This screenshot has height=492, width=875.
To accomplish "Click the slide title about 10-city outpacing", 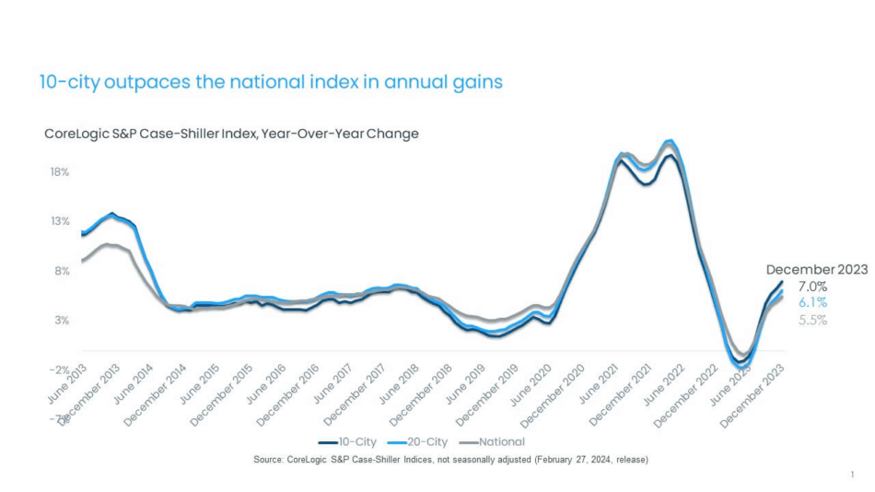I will (271, 82).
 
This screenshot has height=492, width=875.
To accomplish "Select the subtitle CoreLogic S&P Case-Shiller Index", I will (231, 134).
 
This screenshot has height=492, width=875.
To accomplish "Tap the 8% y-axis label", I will (61, 271).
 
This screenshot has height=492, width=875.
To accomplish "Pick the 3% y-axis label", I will (61, 320).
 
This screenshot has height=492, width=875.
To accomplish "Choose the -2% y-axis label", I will (59, 369).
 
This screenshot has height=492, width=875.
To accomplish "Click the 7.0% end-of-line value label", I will (811, 287).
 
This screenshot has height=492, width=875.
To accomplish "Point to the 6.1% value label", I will (811, 302).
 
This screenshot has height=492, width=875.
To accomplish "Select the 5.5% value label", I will (811, 320).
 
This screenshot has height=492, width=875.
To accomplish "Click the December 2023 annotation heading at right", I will (816, 270).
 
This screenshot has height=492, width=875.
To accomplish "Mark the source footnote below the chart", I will (450, 460).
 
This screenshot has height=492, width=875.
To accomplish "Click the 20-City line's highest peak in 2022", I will (670, 141).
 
